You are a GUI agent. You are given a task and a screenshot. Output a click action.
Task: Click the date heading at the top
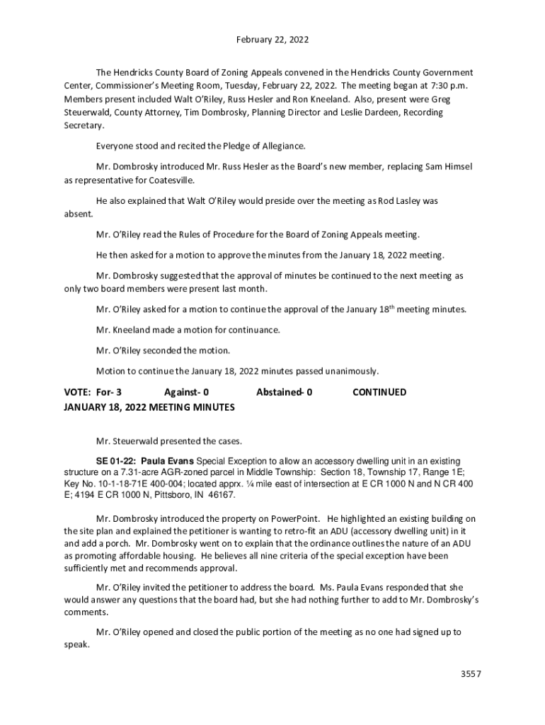tap(272, 40)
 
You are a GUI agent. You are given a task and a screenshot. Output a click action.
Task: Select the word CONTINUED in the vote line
tap(379, 392)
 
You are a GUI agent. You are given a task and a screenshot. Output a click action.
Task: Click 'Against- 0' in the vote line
tap(186, 392)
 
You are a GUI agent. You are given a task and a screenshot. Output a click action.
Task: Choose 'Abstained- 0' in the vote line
tap(285, 392)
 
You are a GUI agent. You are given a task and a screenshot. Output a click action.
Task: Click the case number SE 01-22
tap(116, 459)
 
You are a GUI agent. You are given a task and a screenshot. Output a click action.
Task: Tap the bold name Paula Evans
tap(167, 459)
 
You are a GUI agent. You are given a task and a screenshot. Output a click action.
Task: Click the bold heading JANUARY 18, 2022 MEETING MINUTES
tap(149, 408)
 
